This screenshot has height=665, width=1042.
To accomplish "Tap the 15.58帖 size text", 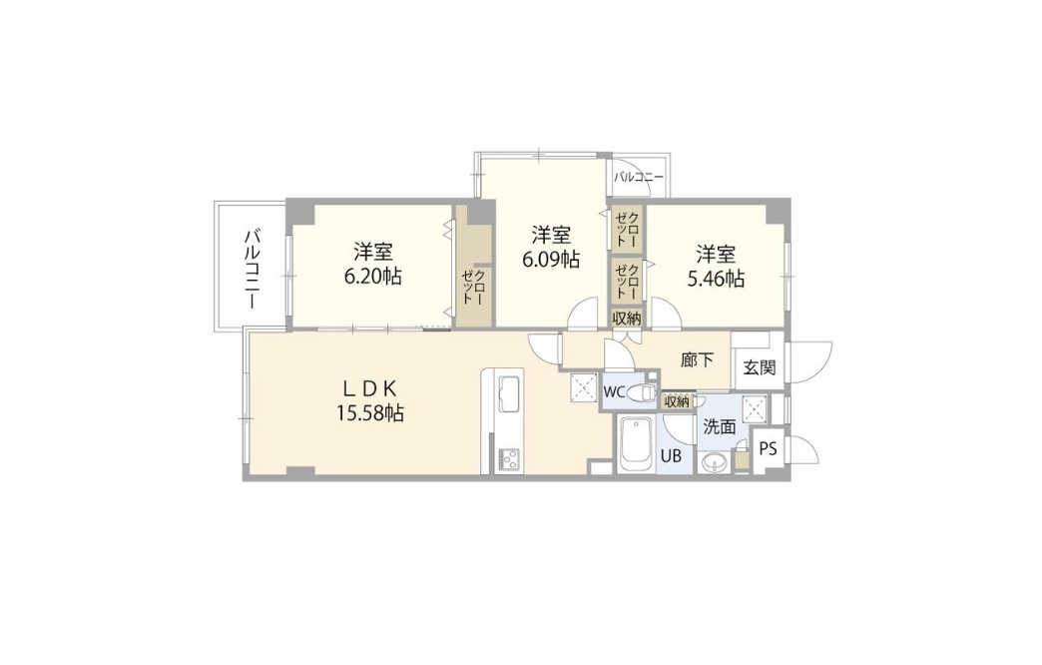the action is pos(369,413).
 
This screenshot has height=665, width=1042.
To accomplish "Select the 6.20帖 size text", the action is pos(373,276).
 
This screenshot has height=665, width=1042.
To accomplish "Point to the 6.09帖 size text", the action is pos(550,260).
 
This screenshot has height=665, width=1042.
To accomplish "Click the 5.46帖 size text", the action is pos(715,278).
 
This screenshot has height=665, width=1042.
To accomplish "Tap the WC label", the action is pos(614,392).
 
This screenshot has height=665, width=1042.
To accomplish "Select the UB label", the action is pos(671,456).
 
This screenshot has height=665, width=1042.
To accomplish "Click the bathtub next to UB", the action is pos(636,443).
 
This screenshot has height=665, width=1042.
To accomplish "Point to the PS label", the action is pos(768,449).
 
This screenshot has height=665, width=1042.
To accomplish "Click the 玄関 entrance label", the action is pos(759,367).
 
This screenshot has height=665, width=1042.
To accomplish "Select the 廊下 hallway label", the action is pos(697,360).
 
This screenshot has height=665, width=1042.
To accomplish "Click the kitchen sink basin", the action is pos(509,393).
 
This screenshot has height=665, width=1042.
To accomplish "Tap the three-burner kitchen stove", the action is pos(509,457).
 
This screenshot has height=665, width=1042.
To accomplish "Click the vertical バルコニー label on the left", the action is pos(252,269).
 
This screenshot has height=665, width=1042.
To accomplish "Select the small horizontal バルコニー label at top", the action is pos(638,178).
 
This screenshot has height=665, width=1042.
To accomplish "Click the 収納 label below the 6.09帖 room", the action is pos(626,318).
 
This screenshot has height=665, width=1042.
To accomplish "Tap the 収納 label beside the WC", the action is pos(677,401).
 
